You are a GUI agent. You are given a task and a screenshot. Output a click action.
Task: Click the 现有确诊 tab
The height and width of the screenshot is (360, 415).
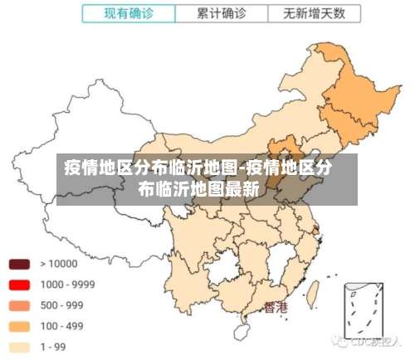coord(129,13)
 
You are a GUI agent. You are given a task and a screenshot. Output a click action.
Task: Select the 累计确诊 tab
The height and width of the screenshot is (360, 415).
coord(222,13)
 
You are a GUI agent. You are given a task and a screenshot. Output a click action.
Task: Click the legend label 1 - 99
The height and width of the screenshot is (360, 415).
coord(53,347)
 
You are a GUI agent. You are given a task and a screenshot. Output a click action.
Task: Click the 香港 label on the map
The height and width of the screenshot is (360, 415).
coord(276,308)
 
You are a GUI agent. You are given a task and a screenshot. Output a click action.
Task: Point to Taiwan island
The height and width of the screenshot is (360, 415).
coord(314,292)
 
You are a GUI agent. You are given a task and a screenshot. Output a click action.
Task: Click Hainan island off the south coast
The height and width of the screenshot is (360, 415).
coord(242,332)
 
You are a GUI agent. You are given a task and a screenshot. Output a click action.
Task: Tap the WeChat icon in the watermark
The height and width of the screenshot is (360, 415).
coord(339,341)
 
